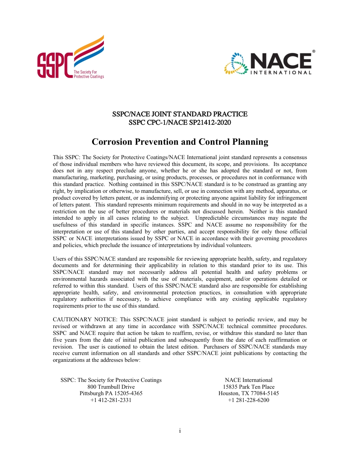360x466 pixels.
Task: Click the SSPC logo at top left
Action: (x=70, y=58)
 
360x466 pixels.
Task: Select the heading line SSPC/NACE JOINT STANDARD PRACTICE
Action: (x=180, y=114)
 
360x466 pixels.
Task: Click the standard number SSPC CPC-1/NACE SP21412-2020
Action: (x=180, y=123)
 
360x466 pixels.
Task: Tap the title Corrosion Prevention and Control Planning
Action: (x=180, y=142)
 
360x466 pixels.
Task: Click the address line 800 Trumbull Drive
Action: (x=111, y=387)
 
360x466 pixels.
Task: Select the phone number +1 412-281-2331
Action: (x=111, y=400)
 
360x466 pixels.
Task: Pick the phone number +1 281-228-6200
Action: (x=249, y=400)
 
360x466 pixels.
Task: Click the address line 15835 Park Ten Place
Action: (x=249, y=387)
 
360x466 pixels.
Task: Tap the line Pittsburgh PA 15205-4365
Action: (x=111, y=393)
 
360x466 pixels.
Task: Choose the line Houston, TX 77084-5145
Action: (x=249, y=393)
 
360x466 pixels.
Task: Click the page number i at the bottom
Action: (x=180, y=431)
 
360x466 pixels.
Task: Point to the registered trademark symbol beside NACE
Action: (x=313, y=51)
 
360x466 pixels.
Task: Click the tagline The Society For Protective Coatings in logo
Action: (x=88, y=74)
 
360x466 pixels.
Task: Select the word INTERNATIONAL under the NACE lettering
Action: (x=281, y=72)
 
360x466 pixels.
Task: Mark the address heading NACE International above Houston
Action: (x=249, y=380)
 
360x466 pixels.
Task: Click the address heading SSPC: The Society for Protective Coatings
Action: (x=111, y=380)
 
